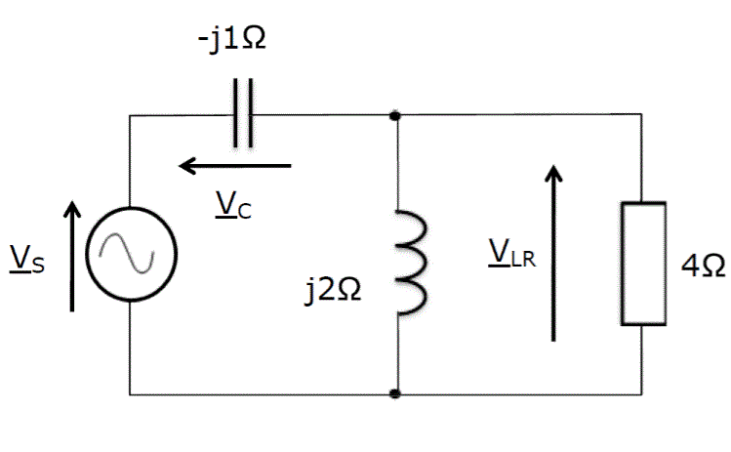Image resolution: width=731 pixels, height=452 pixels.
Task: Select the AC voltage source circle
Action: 131,255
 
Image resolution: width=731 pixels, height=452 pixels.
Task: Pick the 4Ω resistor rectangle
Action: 643,263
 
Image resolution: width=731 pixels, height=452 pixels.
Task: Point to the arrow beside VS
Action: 71,255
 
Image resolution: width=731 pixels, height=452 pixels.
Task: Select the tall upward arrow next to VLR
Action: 553,253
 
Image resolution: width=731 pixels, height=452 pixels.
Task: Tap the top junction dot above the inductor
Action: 395,115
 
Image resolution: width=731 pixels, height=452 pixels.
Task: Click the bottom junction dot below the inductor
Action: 395,394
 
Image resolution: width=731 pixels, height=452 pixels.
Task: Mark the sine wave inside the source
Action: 131,255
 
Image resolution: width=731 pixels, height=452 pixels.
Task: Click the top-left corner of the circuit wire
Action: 131,115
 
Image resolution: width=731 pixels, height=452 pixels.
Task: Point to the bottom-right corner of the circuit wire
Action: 643,394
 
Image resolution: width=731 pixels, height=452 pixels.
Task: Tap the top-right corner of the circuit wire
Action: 643,115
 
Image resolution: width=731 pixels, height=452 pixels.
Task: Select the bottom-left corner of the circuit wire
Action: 131,394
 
